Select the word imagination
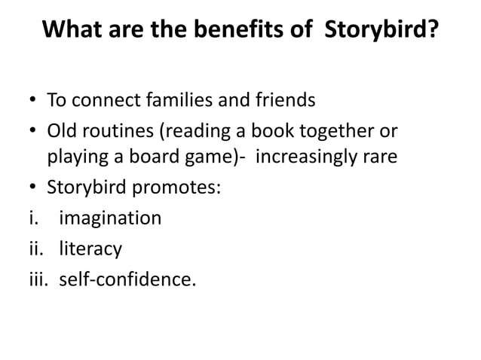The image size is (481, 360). pos(110,218)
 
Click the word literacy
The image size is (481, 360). pos(90,249)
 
